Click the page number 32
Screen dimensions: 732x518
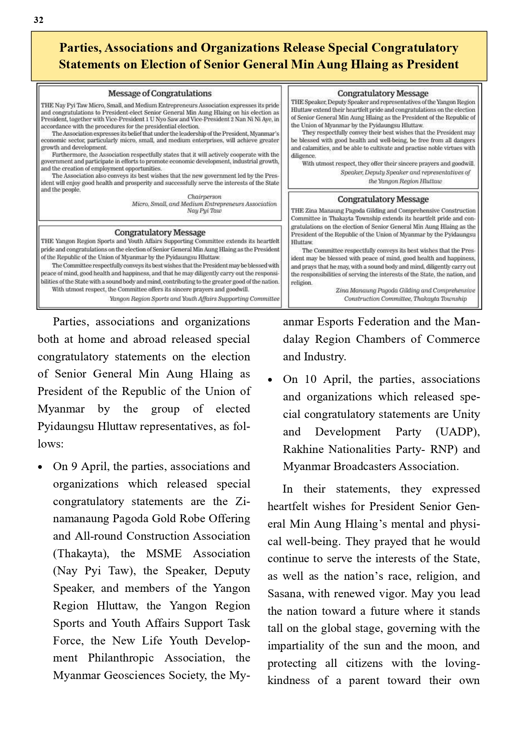38,20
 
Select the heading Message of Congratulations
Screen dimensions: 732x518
159,93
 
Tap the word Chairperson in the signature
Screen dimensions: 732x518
204,196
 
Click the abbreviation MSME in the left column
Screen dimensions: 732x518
164,553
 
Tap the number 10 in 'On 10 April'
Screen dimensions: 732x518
311,379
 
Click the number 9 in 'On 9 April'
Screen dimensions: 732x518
74,466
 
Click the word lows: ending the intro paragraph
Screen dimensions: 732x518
51,444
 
